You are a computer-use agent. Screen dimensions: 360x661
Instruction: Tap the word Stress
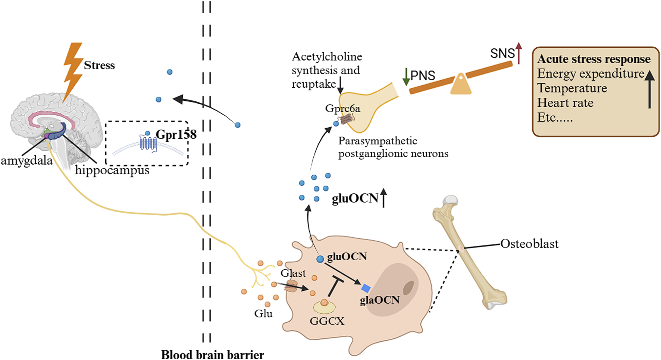[99, 65]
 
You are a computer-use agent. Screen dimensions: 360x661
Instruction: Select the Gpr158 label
[176, 134]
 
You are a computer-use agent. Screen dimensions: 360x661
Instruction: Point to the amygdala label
[26, 161]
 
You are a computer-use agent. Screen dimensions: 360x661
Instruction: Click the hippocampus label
[112, 170]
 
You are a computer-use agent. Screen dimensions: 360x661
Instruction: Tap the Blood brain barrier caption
[212, 354]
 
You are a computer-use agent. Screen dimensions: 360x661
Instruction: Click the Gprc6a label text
[342, 109]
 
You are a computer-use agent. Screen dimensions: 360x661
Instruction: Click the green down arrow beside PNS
[406, 76]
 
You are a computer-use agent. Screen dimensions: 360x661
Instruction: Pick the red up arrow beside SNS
[519, 53]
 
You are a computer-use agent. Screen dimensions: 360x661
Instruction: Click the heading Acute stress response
[593, 59]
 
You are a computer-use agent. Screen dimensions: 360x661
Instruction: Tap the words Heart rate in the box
[565, 103]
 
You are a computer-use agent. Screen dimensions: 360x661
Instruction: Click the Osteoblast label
[529, 244]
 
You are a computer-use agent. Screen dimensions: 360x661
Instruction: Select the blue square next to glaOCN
[366, 288]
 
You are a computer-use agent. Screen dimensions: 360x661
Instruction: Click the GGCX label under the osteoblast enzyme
[327, 321]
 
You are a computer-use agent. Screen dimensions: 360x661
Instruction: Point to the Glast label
[293, 273]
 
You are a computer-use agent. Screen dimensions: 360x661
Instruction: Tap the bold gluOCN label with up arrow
[355, 198]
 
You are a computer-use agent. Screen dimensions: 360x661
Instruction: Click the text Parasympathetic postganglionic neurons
[393, 147]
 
